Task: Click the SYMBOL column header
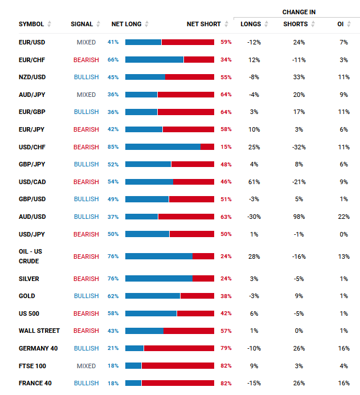(x=31, y=24)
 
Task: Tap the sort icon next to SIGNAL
(x=99, y=24)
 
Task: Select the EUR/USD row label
(x=32, y=42)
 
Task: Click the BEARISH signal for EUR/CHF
(x=86, y=60)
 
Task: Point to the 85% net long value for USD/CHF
(x=113, y=147)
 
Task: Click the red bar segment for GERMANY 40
(x=179, y=348)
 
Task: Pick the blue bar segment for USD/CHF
(x=163, y=147)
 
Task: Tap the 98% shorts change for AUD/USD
(x=299, y=217)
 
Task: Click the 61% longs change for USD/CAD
(x=254, y=182)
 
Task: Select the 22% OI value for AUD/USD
(x=343, y=217)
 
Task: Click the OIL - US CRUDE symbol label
(x=30, y=256)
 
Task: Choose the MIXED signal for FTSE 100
(x=87, y=366)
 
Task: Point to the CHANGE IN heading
(x=298, y=12)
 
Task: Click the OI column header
(x=340, y=24)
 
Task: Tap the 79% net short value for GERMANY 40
(x=226, y=348)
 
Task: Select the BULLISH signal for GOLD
(x=86, y=296)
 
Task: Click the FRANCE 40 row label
(x=35, y=383)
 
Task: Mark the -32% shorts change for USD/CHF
(x=299, y=147)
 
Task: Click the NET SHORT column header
(x=203, y=24)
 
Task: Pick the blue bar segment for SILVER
(x=159, y=279)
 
